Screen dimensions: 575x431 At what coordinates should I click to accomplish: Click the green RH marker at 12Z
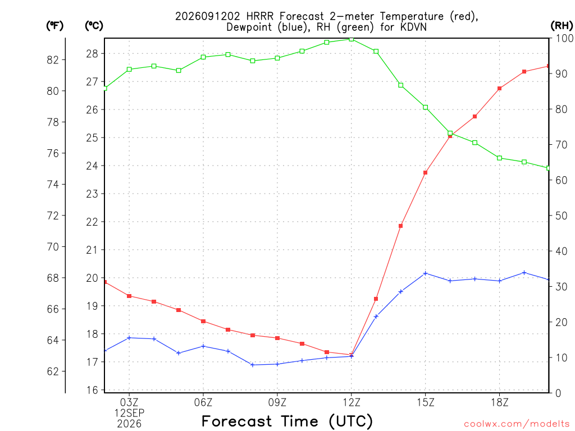click(352, 39)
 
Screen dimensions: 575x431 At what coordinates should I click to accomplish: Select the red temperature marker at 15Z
click(426, 173)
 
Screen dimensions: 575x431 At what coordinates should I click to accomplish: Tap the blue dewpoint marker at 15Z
click(426, 273)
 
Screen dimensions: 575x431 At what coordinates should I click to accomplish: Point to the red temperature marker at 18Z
click(499, 88)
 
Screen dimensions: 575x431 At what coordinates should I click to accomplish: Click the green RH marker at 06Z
click(203, 57)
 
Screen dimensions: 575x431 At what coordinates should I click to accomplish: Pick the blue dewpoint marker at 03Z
click(129, 338)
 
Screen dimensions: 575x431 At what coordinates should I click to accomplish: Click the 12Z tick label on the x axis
click(352, 403)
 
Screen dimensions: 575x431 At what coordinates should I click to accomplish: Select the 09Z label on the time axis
click(277, 403)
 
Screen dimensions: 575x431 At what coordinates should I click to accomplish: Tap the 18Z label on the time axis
click(499, 403)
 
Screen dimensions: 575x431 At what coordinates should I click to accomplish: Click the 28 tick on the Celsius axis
click(93, 54)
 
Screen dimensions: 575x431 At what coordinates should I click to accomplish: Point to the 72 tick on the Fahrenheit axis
click(53, 215)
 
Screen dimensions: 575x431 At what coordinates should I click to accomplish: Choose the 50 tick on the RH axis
click(561, 215)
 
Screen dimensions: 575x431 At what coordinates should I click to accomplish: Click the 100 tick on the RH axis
click(564, 38)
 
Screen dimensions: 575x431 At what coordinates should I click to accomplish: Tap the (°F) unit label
click(54, 26)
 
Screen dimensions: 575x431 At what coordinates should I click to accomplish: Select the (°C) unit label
click(94, 26)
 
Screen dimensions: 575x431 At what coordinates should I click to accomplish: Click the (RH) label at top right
click(562, 26)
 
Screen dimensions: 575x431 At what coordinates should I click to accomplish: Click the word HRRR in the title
click(259, 16)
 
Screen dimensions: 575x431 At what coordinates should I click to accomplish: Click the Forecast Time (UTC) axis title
click(287, 421)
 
